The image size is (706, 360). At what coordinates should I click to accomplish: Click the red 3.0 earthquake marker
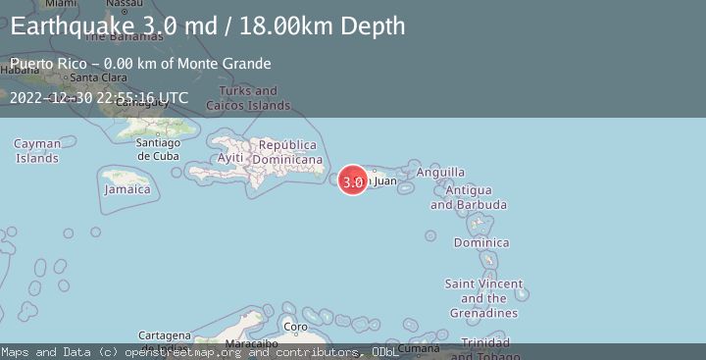353,180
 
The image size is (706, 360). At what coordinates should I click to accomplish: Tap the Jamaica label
127,188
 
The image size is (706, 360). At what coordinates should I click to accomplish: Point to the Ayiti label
230,158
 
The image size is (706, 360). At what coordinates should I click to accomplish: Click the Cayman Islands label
36,150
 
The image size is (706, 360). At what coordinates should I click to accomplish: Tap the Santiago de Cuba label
158,149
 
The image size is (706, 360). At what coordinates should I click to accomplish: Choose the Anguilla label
441,172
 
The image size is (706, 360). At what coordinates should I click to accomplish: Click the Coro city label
295,327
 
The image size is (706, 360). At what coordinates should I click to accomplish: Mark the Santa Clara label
96,77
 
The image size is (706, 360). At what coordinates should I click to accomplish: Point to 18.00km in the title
300,26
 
